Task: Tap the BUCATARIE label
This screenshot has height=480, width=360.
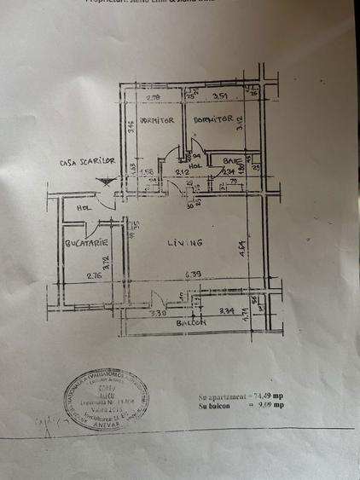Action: tap(84, 244)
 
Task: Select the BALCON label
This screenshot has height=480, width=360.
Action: tap(193, 324)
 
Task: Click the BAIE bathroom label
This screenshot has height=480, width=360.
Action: tap(230, 161)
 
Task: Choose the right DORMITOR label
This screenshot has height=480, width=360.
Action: tap(213, 120)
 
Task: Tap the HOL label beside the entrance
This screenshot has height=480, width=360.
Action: tap(84, 207)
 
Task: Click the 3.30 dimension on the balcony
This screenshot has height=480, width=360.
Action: tap(158, 313)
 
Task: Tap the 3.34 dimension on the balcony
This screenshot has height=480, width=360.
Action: tap(226, 312)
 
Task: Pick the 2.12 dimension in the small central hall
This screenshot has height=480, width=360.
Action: tap(182, 172)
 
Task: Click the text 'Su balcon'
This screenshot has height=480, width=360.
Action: tap(214, 407)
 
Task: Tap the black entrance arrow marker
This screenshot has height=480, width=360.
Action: tap(106, 180)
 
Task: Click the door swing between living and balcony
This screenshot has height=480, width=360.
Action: tap(157, 299)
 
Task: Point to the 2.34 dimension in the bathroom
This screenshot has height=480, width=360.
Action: tap(228, 171)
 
